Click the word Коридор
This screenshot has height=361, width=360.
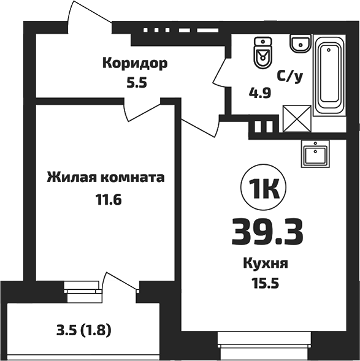click(x=135, y=63)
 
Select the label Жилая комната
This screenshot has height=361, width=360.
click(x=105, y=178)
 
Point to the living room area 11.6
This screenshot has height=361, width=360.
click(x=105, y=200)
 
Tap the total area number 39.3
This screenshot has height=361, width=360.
click(x=268, y=231)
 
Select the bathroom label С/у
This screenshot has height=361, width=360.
click(x=290, y=77)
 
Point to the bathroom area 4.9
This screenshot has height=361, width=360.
click(x=259, y=93)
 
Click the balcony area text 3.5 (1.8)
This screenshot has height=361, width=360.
click(x=84, y=332)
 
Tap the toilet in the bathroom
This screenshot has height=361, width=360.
click(x=262, y=53)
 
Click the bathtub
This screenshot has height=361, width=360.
click(x=331, y=76)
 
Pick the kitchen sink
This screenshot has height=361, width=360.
click(x=316, y=153)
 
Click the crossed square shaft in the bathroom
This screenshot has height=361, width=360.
click(x=296, y=118)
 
